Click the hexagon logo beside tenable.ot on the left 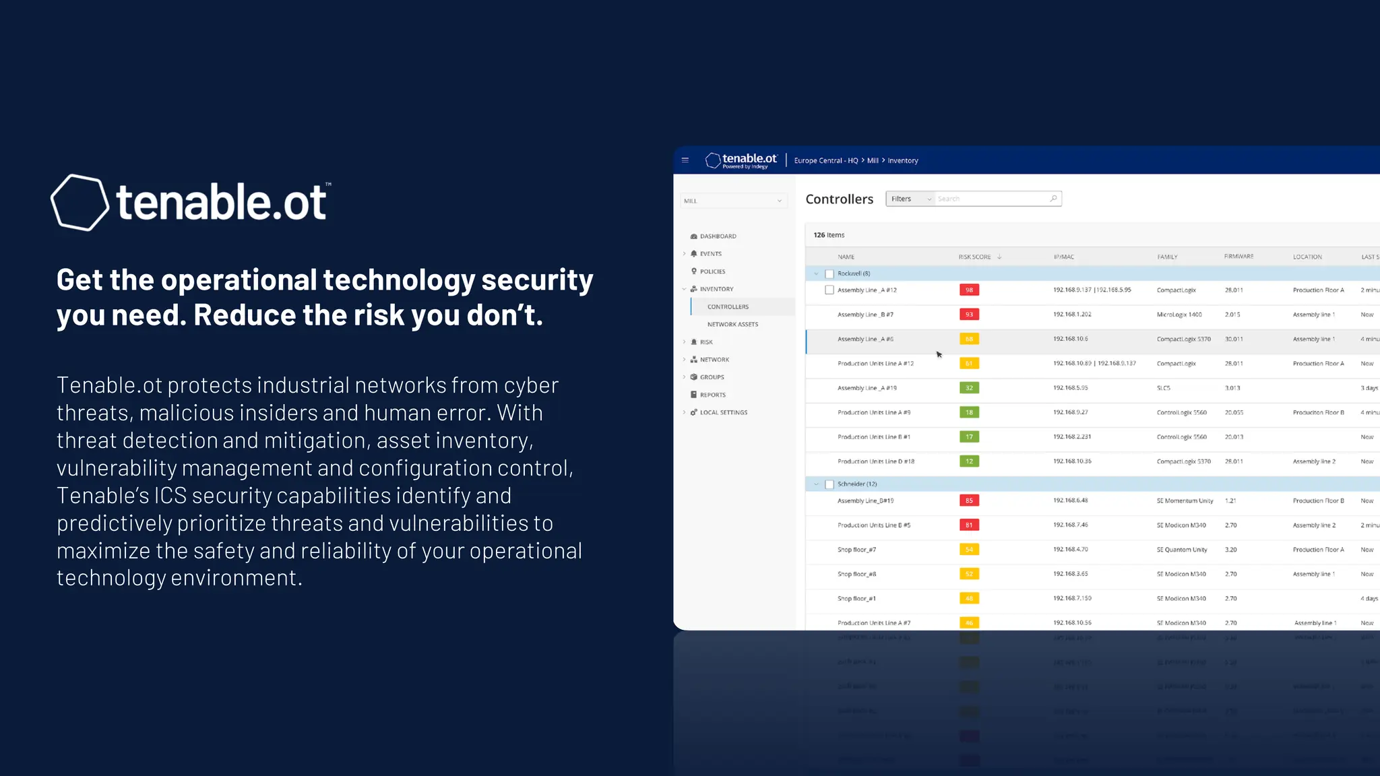(x=80, y=202)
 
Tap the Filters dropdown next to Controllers (x=910, y=199)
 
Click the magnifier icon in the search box (x=1053, y=198)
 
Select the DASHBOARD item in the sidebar (x=718, y=236)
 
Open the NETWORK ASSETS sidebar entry (x=732, y=325)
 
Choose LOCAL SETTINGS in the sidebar (x=723, y=412)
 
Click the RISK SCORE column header (x=974, y=257)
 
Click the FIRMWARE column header (x=1238, y=257)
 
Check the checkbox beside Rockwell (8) (x=829, y=274)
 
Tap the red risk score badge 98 (x=969, y=290)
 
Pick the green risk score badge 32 (x=969, y=388)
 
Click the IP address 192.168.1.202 (x=1072, y=315)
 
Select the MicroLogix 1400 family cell (x=1179, y=315)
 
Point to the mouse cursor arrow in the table (x=939, y=354)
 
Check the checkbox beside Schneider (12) (x=829, y=484)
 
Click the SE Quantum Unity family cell (x=1182, y=550)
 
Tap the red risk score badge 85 (x=969, y=500)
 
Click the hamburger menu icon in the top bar (x=685, y=160)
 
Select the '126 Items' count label (x=829, y=235)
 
